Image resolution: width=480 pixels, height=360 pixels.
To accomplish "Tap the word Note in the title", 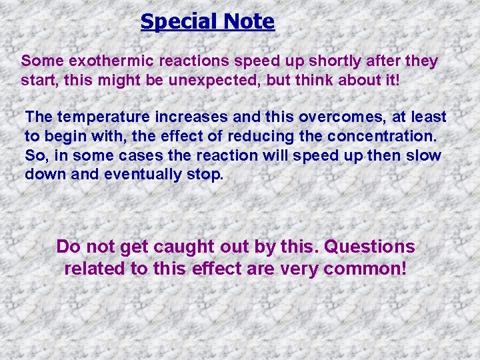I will pyautogui.click(x=248, y=22).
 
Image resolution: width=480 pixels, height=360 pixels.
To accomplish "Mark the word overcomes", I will pyautogui.click(x=331, y=117).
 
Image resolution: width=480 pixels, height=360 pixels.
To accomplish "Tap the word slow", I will pyautogui.click(x=425, y=156).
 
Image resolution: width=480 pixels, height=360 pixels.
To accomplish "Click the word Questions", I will pyautogui.click(x=369, y=247).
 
